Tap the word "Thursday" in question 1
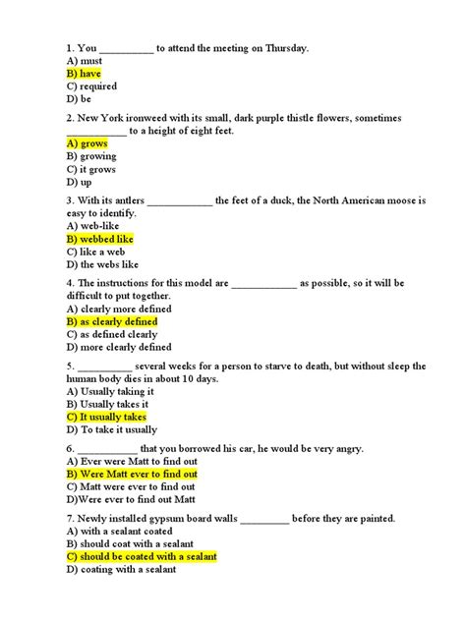tap(283, 47)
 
